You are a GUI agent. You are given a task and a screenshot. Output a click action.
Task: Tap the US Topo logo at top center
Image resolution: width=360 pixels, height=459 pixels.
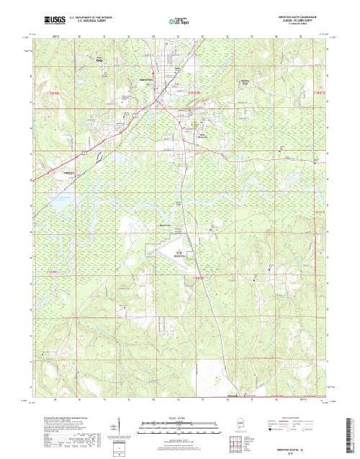click(179, 22)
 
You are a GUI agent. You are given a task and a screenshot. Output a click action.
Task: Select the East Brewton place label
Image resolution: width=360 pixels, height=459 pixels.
click(202, 135)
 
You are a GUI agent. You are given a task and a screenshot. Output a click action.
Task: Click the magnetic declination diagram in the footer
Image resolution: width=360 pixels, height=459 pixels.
click(119, 427)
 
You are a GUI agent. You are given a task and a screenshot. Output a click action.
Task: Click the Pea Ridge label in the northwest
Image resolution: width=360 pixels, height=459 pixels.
click(99, 61)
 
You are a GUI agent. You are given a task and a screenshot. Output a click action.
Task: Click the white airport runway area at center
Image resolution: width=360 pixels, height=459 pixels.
click(162, 249)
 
